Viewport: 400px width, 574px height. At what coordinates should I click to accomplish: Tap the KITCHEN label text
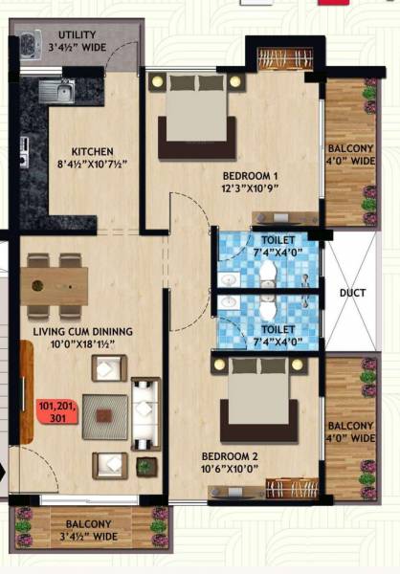click(92, 151)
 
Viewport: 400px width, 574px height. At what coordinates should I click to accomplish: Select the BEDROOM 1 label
click(250, 176)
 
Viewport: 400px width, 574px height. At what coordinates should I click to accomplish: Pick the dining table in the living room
click(56, 284)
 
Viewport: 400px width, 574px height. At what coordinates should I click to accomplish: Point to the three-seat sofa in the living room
click(144, 412)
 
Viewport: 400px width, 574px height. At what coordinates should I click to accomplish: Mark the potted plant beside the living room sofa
click(146, 466)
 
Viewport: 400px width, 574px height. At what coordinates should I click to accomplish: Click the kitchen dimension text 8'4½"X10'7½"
click(92, 165)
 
